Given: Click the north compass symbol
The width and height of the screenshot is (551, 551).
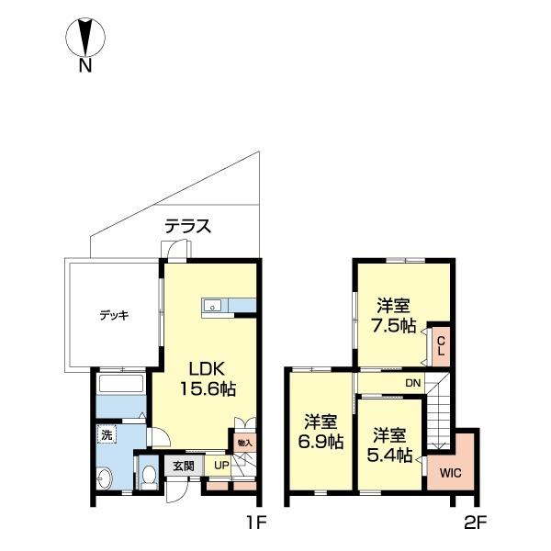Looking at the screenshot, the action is (85, 45).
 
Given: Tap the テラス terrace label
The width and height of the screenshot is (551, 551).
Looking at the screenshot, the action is (188, 226).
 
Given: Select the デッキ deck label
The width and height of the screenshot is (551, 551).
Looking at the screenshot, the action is (114, 316).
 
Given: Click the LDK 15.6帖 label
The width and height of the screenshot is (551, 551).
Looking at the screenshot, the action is (208, 379).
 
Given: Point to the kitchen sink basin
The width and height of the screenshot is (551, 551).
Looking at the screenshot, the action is (212, 306).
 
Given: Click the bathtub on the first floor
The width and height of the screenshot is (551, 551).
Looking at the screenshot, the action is (121, 383).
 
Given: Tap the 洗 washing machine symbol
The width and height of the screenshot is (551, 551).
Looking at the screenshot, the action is (107, 435).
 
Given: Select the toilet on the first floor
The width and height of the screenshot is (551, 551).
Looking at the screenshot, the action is (150, 477).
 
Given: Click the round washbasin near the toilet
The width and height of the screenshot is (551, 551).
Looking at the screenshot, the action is (105, 478).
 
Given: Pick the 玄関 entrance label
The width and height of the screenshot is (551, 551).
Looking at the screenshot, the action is (184, 466).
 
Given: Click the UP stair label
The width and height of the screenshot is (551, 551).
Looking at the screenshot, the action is (221, 466).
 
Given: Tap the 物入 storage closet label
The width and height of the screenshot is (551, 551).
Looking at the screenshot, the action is (245, 443).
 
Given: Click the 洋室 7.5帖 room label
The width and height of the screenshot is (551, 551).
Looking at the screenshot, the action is (394, 316).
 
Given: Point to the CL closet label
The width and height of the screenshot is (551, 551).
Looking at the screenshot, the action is (441, 346).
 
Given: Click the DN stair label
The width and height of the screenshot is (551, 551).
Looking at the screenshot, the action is (413, 383).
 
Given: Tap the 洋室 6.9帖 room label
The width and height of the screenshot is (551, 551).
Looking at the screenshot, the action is (320, 433).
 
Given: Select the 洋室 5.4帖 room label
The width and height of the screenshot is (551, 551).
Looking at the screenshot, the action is (389, 445).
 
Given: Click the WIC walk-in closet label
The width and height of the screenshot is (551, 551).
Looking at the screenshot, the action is (451, 473).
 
